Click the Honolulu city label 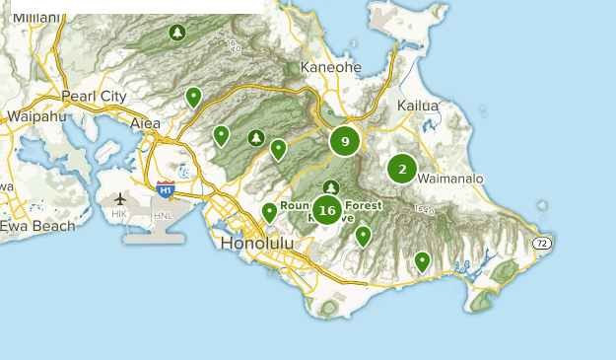(258, 243)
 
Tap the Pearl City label (94, 97)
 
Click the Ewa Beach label (36, 226)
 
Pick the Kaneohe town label (330, 67)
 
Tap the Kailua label (418, 106)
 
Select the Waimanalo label (450, 179)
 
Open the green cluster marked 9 (344, 142)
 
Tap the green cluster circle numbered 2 (401, 169)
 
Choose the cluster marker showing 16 (326, 210)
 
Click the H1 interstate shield (166, 187)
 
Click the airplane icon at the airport (120, 198)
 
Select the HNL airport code (163, 214)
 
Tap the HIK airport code (119, 214)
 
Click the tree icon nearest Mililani (176, 33)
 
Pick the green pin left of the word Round (269, 211)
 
